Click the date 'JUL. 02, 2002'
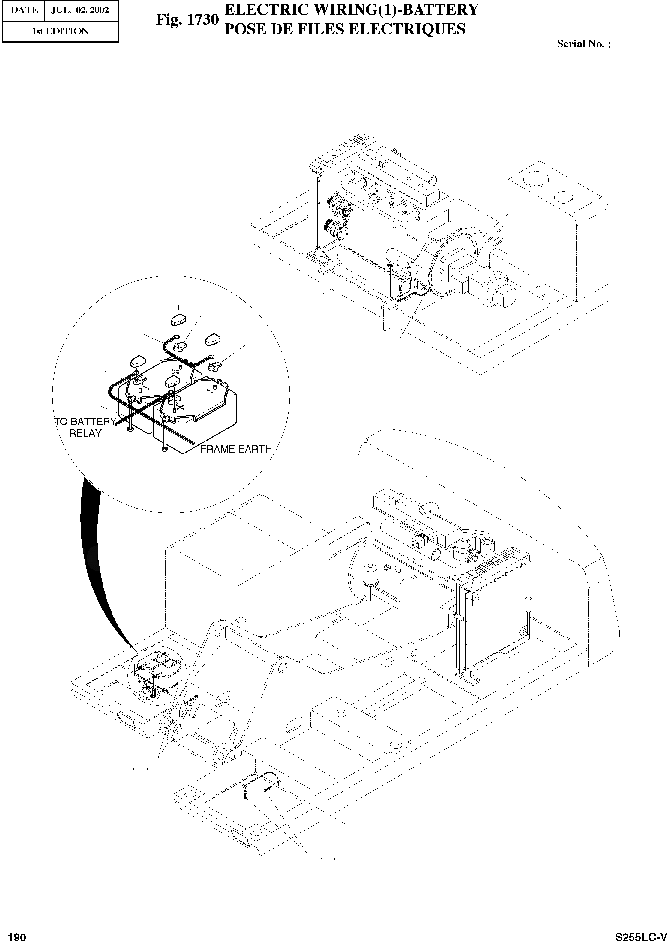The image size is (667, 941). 80,10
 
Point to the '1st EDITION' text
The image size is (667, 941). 60,31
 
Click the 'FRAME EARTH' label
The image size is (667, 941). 236,449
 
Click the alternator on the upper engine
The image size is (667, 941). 339,209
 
